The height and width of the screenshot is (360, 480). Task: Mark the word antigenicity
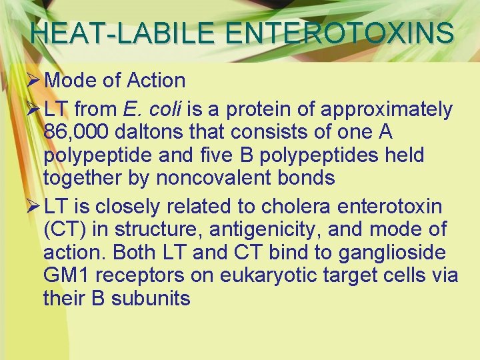[251, 230]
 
